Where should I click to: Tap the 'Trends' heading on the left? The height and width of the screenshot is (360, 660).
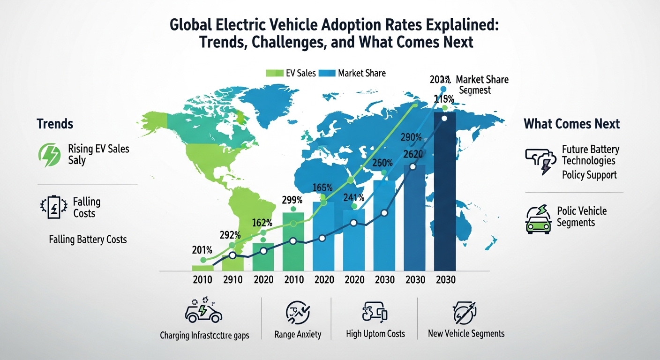pos(55,124)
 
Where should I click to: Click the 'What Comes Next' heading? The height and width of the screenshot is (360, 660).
pos(571,124)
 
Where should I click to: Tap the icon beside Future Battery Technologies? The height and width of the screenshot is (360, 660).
pos(539,161)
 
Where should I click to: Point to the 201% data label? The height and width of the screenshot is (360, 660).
pos(203,250)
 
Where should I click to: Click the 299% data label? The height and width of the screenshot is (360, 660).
pos(293,199)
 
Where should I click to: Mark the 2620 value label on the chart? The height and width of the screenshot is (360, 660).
pos(412,155)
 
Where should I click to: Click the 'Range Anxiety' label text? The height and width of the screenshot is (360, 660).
pos(298,334)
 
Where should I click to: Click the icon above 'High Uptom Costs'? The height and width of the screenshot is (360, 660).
pos(375,312)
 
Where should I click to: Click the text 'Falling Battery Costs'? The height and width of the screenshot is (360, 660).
pos(88,239)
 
